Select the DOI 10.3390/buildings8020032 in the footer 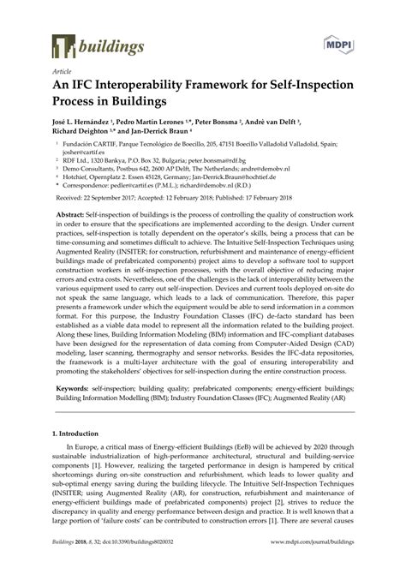point(140,565)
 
